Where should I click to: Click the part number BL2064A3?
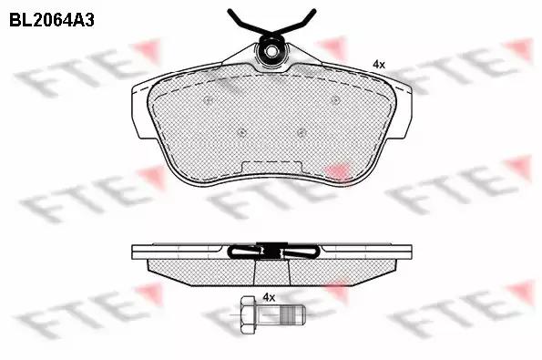point(52,20)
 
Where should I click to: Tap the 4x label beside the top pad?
point(379,64)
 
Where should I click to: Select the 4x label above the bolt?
point(269,297)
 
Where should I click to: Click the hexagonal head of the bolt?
point(248,315)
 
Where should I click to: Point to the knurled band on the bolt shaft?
point(286,315)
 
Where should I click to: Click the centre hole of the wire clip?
point(272,51)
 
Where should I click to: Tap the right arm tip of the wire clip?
point(313,12)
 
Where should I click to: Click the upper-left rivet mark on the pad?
point(209,100)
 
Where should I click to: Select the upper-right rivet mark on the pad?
point(334,100)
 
